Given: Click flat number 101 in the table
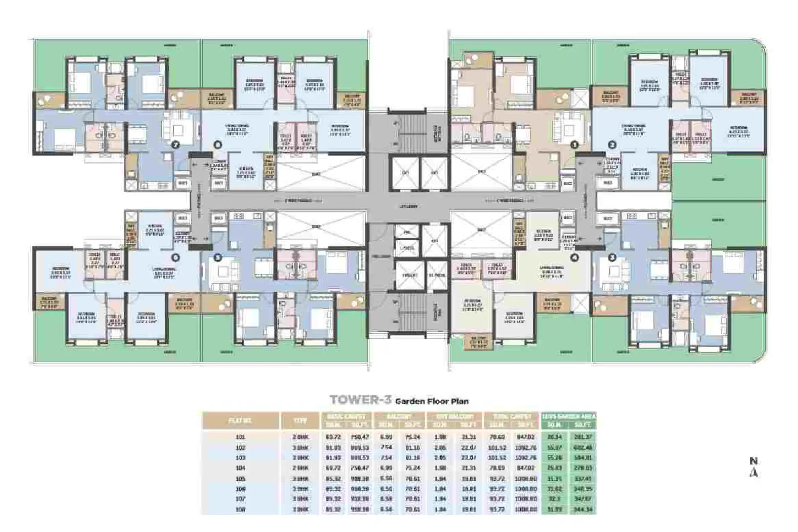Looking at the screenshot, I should click(240, 437).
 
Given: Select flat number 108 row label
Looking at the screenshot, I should click(240, 509).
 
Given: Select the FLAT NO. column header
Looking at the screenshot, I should click(240, 421).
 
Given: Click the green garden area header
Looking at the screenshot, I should click(569, 416).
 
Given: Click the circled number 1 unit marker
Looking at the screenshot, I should click(575, 144).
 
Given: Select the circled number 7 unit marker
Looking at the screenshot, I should click(176, 144).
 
